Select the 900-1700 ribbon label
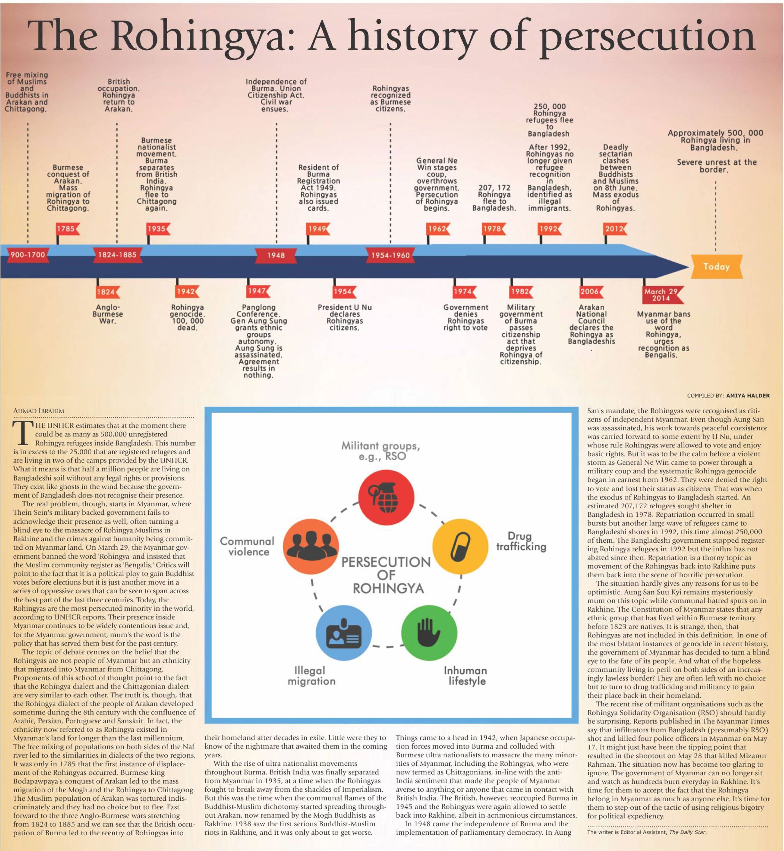(28, 255)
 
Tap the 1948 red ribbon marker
(276, 255)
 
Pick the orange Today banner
(716, 267)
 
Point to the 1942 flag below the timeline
(187, 292)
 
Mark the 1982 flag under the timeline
(521, 292)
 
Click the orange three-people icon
(310, 546)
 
